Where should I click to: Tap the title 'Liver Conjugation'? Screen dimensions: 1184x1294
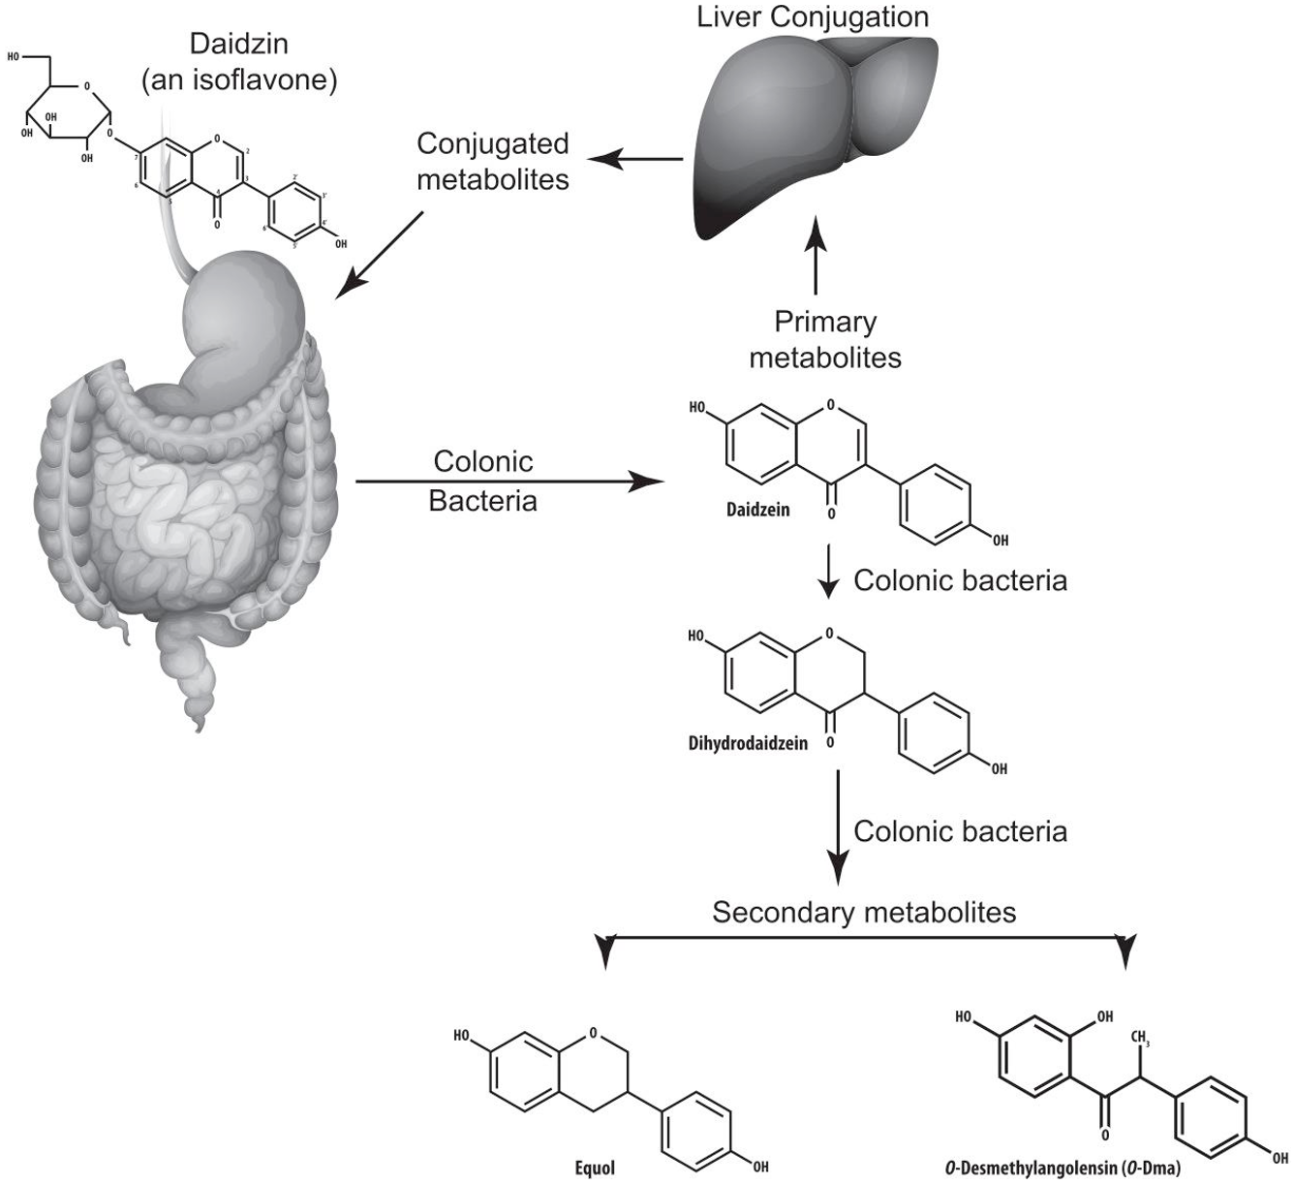pyautogui.click(x=813, y=16)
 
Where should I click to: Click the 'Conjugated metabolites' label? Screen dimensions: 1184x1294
pyautogui.click(x=492, y=161)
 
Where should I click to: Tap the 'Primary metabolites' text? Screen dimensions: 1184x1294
pyautogui.click(x=825, y=339)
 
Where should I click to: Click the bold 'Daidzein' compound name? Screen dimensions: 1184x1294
pyautogui.click(x=758, y=510)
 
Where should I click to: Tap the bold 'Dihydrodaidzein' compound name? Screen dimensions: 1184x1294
pyautogui.click(x=750, y=745)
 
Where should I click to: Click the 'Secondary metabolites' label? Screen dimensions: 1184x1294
pyautogui.click(x=864, y=913)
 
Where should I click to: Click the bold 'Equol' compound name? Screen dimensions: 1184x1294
pyautogui.click(x=595, y=1168)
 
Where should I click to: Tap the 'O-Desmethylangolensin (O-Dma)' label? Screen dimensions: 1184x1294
pyautogui.click(x=1063, y=1168)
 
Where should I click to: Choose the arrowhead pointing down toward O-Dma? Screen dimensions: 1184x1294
pyautogui.click(x=1125, y=952)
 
